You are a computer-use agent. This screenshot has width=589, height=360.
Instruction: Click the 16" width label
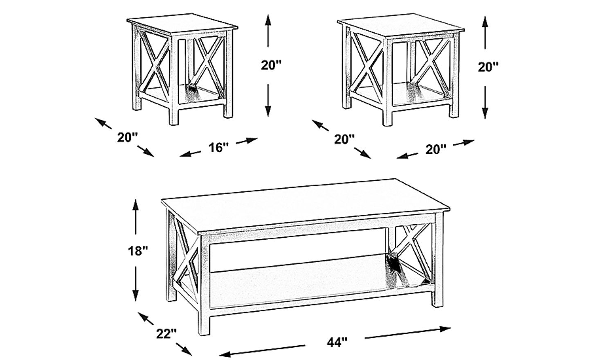(219, 148)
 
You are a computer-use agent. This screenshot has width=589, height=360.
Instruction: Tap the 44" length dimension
(337, 342)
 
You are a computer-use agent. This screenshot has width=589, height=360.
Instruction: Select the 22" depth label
(166, 334)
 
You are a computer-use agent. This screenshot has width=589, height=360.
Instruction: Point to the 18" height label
(138, 251)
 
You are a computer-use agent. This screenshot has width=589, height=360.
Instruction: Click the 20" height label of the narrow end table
(271, 65)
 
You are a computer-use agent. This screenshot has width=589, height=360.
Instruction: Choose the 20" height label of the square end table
(488, 67)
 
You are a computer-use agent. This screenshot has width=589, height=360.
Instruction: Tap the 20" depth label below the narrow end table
(128, 137)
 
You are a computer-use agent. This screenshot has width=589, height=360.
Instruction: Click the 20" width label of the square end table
(436, 149)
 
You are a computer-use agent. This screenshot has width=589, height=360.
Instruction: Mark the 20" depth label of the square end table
(344, 139)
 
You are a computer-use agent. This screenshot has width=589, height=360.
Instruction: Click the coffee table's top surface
(305, 206)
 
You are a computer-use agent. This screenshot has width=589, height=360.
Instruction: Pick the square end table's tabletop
(401, 26)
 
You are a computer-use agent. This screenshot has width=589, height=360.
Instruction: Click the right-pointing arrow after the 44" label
(408, 333)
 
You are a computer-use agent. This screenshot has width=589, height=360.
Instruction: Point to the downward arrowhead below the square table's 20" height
(485, 112)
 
